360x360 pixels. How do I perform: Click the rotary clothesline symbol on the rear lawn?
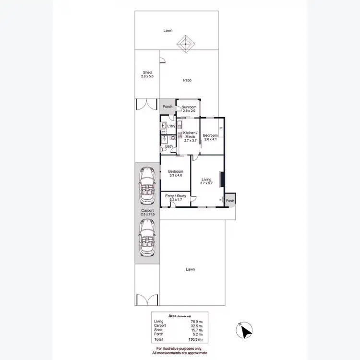185,44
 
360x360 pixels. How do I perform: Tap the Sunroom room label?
189,107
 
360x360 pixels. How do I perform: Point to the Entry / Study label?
175,196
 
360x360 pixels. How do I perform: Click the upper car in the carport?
146,185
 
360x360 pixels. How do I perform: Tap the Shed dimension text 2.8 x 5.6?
147,77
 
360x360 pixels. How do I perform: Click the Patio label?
187,80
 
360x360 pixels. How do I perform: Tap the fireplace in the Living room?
221,180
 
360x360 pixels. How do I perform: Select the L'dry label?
171,126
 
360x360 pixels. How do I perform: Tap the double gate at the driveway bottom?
146,300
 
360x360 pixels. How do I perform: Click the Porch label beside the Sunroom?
168,107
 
